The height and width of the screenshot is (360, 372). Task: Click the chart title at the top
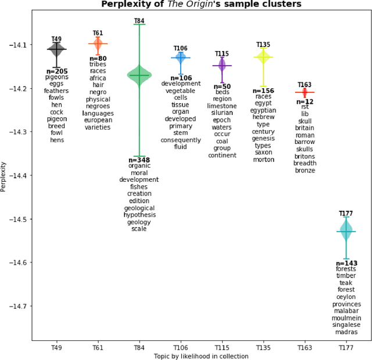(x=201, y=5)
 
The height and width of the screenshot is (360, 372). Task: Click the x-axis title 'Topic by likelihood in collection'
(x=201, y=355)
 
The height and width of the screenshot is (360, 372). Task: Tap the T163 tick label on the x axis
(x=305, y=347)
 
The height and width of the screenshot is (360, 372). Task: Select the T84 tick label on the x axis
(x=139, y=347)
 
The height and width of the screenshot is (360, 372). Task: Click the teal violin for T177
(x=346, y=232)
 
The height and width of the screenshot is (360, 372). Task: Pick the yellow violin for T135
(x=263, y=57)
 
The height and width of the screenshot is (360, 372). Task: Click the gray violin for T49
(x=56, y=50)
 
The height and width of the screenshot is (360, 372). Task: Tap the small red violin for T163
(x=305, y=92)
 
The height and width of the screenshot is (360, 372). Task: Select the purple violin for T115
(x=222, y=66)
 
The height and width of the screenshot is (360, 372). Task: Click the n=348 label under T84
(x=139, y=160)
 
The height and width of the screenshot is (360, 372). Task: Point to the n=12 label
(x=305, y=100)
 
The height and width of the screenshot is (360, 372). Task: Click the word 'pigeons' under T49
(x=56, y=77)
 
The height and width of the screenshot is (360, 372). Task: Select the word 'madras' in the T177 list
(x=346, y=332)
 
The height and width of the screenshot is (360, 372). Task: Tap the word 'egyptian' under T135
(x=263, y=110)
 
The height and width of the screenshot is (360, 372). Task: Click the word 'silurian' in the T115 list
(x=222, y=113)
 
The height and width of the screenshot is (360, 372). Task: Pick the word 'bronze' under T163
(x=305, y=170)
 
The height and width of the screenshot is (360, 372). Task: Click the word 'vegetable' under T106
(x=180, y=91)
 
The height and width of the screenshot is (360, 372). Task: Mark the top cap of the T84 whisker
(x=139, y=24)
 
